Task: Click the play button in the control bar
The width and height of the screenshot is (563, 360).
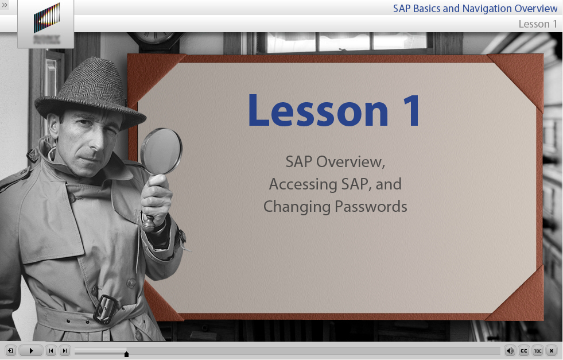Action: (31, 351)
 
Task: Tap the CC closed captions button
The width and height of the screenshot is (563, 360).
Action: (524, 351)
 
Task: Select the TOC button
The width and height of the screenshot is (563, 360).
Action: (538, 351)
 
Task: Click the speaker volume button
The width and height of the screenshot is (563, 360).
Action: (510, 351)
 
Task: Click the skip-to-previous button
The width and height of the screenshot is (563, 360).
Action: (51, 351)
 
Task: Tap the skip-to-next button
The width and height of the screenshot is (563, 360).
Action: (65, 351)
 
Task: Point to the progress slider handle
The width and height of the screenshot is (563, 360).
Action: (126, 354)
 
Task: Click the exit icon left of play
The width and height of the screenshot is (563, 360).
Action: (10, 351)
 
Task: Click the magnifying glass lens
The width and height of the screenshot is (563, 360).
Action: (162, 151)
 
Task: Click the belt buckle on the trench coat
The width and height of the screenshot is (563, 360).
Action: (105, 309)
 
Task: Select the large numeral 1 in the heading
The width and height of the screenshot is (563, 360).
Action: (411, 110)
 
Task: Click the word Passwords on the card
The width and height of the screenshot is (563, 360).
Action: (371, 207)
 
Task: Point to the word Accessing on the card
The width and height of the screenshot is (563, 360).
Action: (304, 184)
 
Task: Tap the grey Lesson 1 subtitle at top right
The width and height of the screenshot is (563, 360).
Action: (538, 24)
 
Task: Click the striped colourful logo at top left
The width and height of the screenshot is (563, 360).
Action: (46, 18)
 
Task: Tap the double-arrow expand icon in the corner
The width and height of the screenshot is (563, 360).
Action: (5, 5)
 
